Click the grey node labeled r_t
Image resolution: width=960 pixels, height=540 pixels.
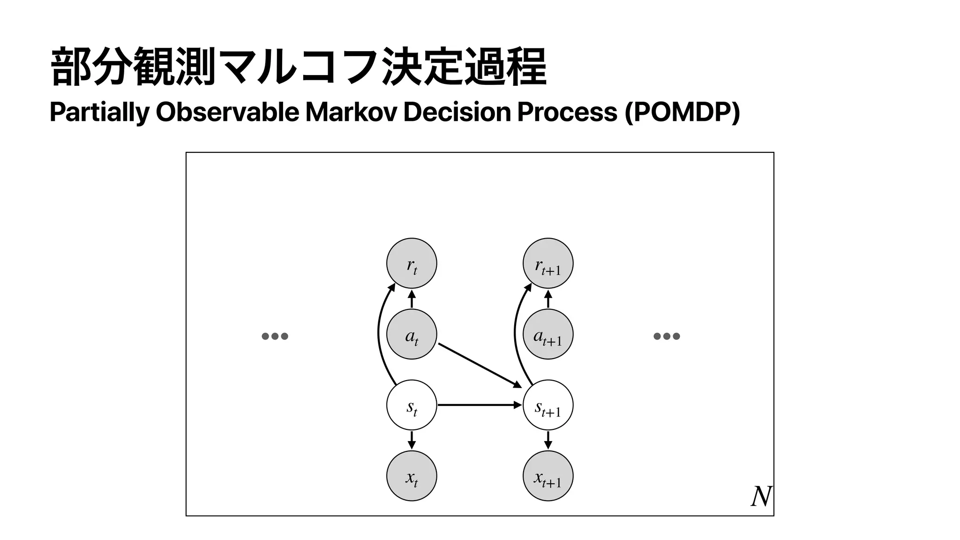tap(412, 263)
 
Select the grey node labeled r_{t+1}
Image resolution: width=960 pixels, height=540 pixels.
tap(548, 263)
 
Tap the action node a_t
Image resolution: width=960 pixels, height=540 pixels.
tap(412, 334)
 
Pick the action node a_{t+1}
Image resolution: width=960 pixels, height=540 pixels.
tap(548, 334)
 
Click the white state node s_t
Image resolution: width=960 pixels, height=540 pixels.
tap(412, 405)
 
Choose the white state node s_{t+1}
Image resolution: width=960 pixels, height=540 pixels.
tap(548, 405)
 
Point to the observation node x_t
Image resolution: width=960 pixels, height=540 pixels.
tap(412, 476)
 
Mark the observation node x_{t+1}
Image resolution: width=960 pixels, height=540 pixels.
tap(548, 476)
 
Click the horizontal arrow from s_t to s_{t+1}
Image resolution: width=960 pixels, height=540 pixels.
tap(478, 405)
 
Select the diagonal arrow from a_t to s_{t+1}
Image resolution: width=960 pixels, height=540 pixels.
tap(479, 365)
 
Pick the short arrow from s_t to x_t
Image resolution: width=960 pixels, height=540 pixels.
tap(412, 440)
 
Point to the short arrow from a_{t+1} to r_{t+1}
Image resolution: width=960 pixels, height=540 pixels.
tap(548, 299)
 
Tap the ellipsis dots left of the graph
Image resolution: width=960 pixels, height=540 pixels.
tap(275, 336)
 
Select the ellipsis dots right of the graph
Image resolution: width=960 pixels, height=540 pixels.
tap(667, 336)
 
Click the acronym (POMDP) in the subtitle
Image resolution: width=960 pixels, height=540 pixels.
tap(682, 112)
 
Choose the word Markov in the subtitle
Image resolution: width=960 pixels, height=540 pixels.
tap(351, 112)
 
